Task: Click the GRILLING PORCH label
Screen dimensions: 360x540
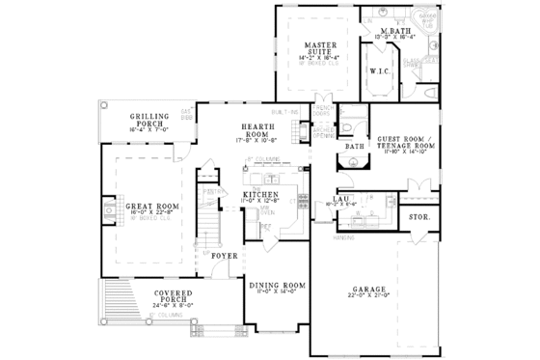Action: coord(153,121)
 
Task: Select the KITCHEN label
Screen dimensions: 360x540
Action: coord(261,194)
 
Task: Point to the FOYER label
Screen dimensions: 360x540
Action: coord(225,257)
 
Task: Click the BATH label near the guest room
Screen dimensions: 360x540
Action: coord(354,147)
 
